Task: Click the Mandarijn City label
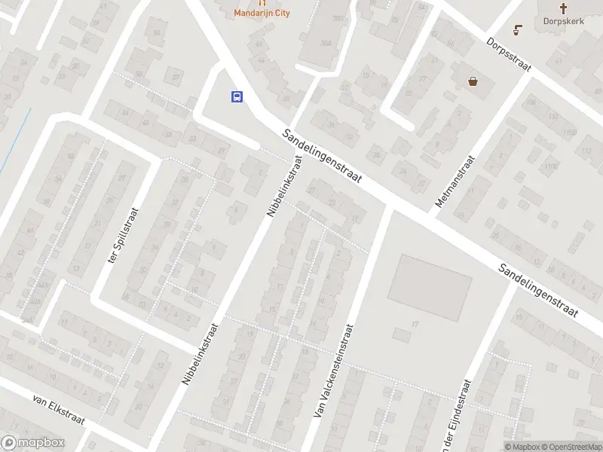[x=262, y=13]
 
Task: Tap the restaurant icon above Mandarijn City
[x=262, y=2]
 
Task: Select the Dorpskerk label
[x=565, y=21]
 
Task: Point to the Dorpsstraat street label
[x=509, y=55]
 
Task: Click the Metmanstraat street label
[x=455, y=182]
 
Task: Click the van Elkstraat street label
[x=59, y=408]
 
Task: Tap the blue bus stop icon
[x=237, y=96]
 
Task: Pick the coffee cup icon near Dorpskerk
[x=517, y=30]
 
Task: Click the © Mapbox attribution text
[x=522, y=447]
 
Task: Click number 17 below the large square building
[x=415, y=325]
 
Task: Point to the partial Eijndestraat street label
[x=457, y=418]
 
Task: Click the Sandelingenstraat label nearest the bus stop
[x=323, y=157]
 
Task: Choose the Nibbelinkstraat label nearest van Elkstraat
[x=200, y=354]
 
